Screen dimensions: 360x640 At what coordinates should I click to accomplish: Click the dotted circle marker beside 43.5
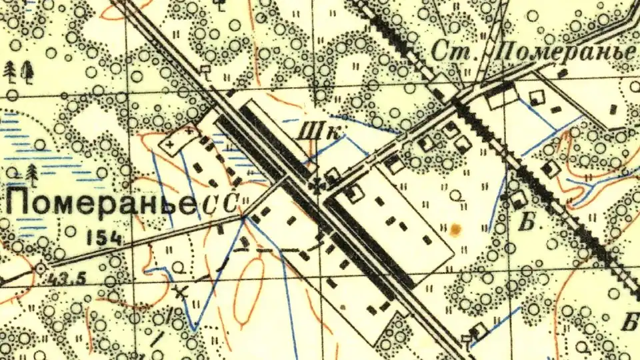click(x=41, y=268)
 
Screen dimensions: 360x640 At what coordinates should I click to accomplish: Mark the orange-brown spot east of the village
click(x=456, y=230)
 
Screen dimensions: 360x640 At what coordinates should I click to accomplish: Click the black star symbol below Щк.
click(x=319, y=184)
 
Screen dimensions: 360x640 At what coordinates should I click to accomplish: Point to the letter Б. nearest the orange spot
click(x=526, y=223)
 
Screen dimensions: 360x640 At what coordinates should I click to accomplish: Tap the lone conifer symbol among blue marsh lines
click(x=33, y=175)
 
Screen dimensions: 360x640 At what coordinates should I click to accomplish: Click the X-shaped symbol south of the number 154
click(x=179, y=291)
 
